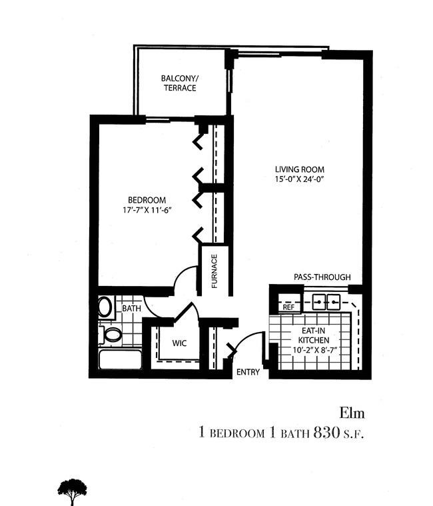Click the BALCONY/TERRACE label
pos(180,83)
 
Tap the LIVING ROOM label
pos(300,169)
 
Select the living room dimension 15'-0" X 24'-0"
pos(299,179)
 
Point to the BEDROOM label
pos(147,200)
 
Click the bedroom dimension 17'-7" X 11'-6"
pos(147,210)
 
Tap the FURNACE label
pos(215,271)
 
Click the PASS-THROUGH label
pos(322,277)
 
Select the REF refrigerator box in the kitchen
pos(288,303)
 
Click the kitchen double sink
pos(326,302)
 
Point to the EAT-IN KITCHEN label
pos(313,335)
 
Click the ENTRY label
pos(248,372)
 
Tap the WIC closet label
pos(179,343)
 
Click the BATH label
pos(131,309)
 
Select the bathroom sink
pos(105,307)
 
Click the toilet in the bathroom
pos(110,335)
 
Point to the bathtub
pos(121,359)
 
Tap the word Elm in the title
pos(352,413)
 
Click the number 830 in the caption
pos(326,433)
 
